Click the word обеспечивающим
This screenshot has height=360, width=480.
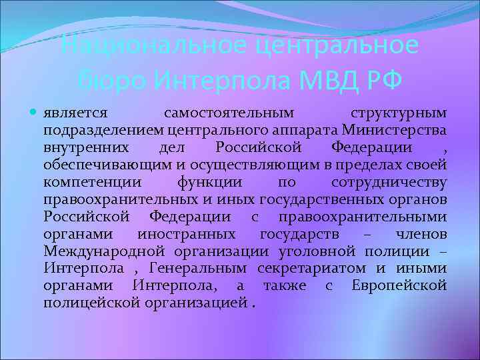point(95,164)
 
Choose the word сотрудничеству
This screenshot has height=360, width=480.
point(389,181)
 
